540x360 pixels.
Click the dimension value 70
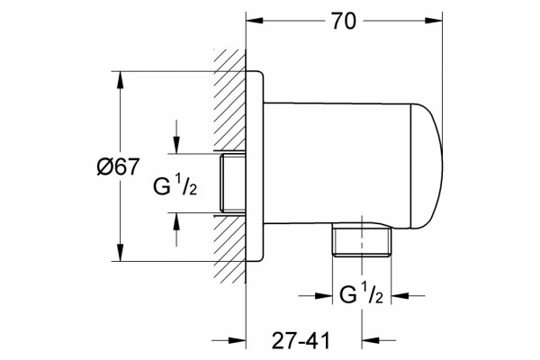tap(344, 21)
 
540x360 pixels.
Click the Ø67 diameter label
tap(118, 166)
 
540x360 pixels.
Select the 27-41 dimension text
tap(301, 341)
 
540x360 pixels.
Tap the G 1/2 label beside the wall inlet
tap(175, 184)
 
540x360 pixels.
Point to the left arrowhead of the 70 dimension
tap(255, 21)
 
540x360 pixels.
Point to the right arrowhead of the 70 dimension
tap(434, 21)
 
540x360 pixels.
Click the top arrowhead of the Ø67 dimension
tap(120, 80)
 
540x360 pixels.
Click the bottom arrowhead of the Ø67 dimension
tap(120, 253)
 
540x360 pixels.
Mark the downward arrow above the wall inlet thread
tap(176, 137)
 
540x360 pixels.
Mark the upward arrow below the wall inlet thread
tap(176, 229)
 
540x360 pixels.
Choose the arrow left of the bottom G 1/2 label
tap(315, 295)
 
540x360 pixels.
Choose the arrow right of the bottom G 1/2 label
tap(408, 295)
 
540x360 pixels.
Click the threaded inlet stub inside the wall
tap(233, 184)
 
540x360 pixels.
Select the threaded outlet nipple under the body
tap(362, 239)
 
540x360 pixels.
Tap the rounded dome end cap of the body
tap(427, 166)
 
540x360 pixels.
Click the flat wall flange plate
tap(255, 166)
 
